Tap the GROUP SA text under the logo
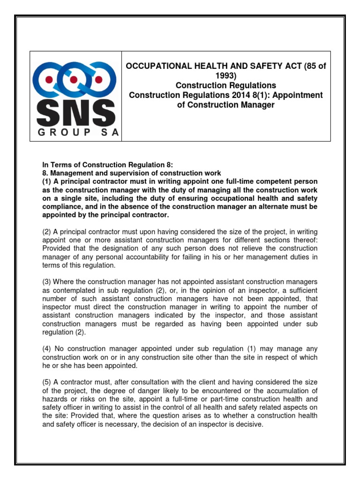click(x=75, y=133)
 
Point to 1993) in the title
click(x=226, y=75)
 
